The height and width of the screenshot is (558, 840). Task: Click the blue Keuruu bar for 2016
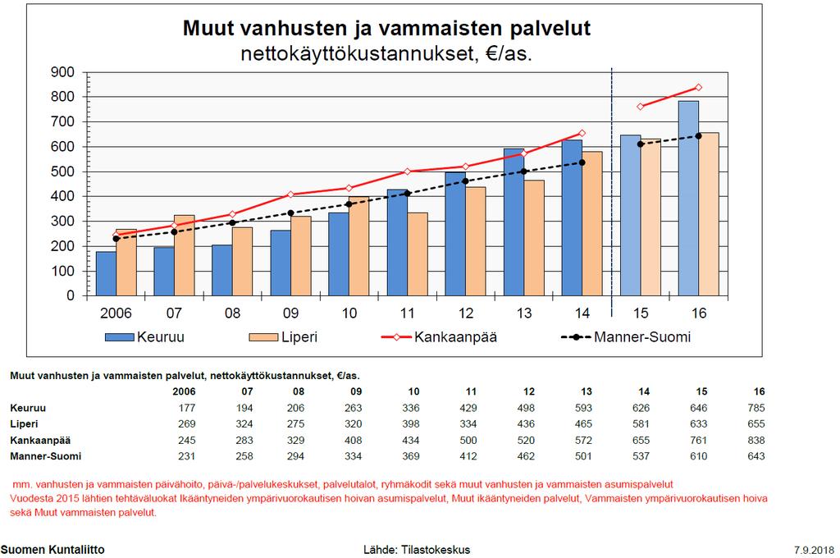688,199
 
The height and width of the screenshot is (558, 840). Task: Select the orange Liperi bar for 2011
418,254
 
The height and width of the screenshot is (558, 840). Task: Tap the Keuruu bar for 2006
106,274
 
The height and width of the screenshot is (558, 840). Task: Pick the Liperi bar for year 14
592,223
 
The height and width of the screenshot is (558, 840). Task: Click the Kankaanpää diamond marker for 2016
698,87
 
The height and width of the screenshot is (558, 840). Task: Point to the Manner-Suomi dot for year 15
640,144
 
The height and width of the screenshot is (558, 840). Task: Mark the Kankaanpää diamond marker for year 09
290,194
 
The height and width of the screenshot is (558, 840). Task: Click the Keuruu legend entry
144,337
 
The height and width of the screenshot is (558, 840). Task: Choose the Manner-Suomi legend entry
626,337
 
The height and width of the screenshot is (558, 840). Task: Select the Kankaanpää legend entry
440,337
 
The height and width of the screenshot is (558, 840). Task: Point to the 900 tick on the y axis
62,72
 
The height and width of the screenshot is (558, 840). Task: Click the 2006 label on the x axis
116,313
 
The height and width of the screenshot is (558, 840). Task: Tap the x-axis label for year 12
466,313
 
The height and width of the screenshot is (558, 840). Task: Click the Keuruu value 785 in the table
756,408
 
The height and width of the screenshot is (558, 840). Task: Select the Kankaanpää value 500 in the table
468,440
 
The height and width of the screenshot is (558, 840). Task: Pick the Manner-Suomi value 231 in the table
186,456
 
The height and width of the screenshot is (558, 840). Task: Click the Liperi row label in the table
24,424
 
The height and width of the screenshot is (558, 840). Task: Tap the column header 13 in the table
586,391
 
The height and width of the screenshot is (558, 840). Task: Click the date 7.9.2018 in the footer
814,550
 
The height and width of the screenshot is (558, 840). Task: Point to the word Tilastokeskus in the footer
436,550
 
